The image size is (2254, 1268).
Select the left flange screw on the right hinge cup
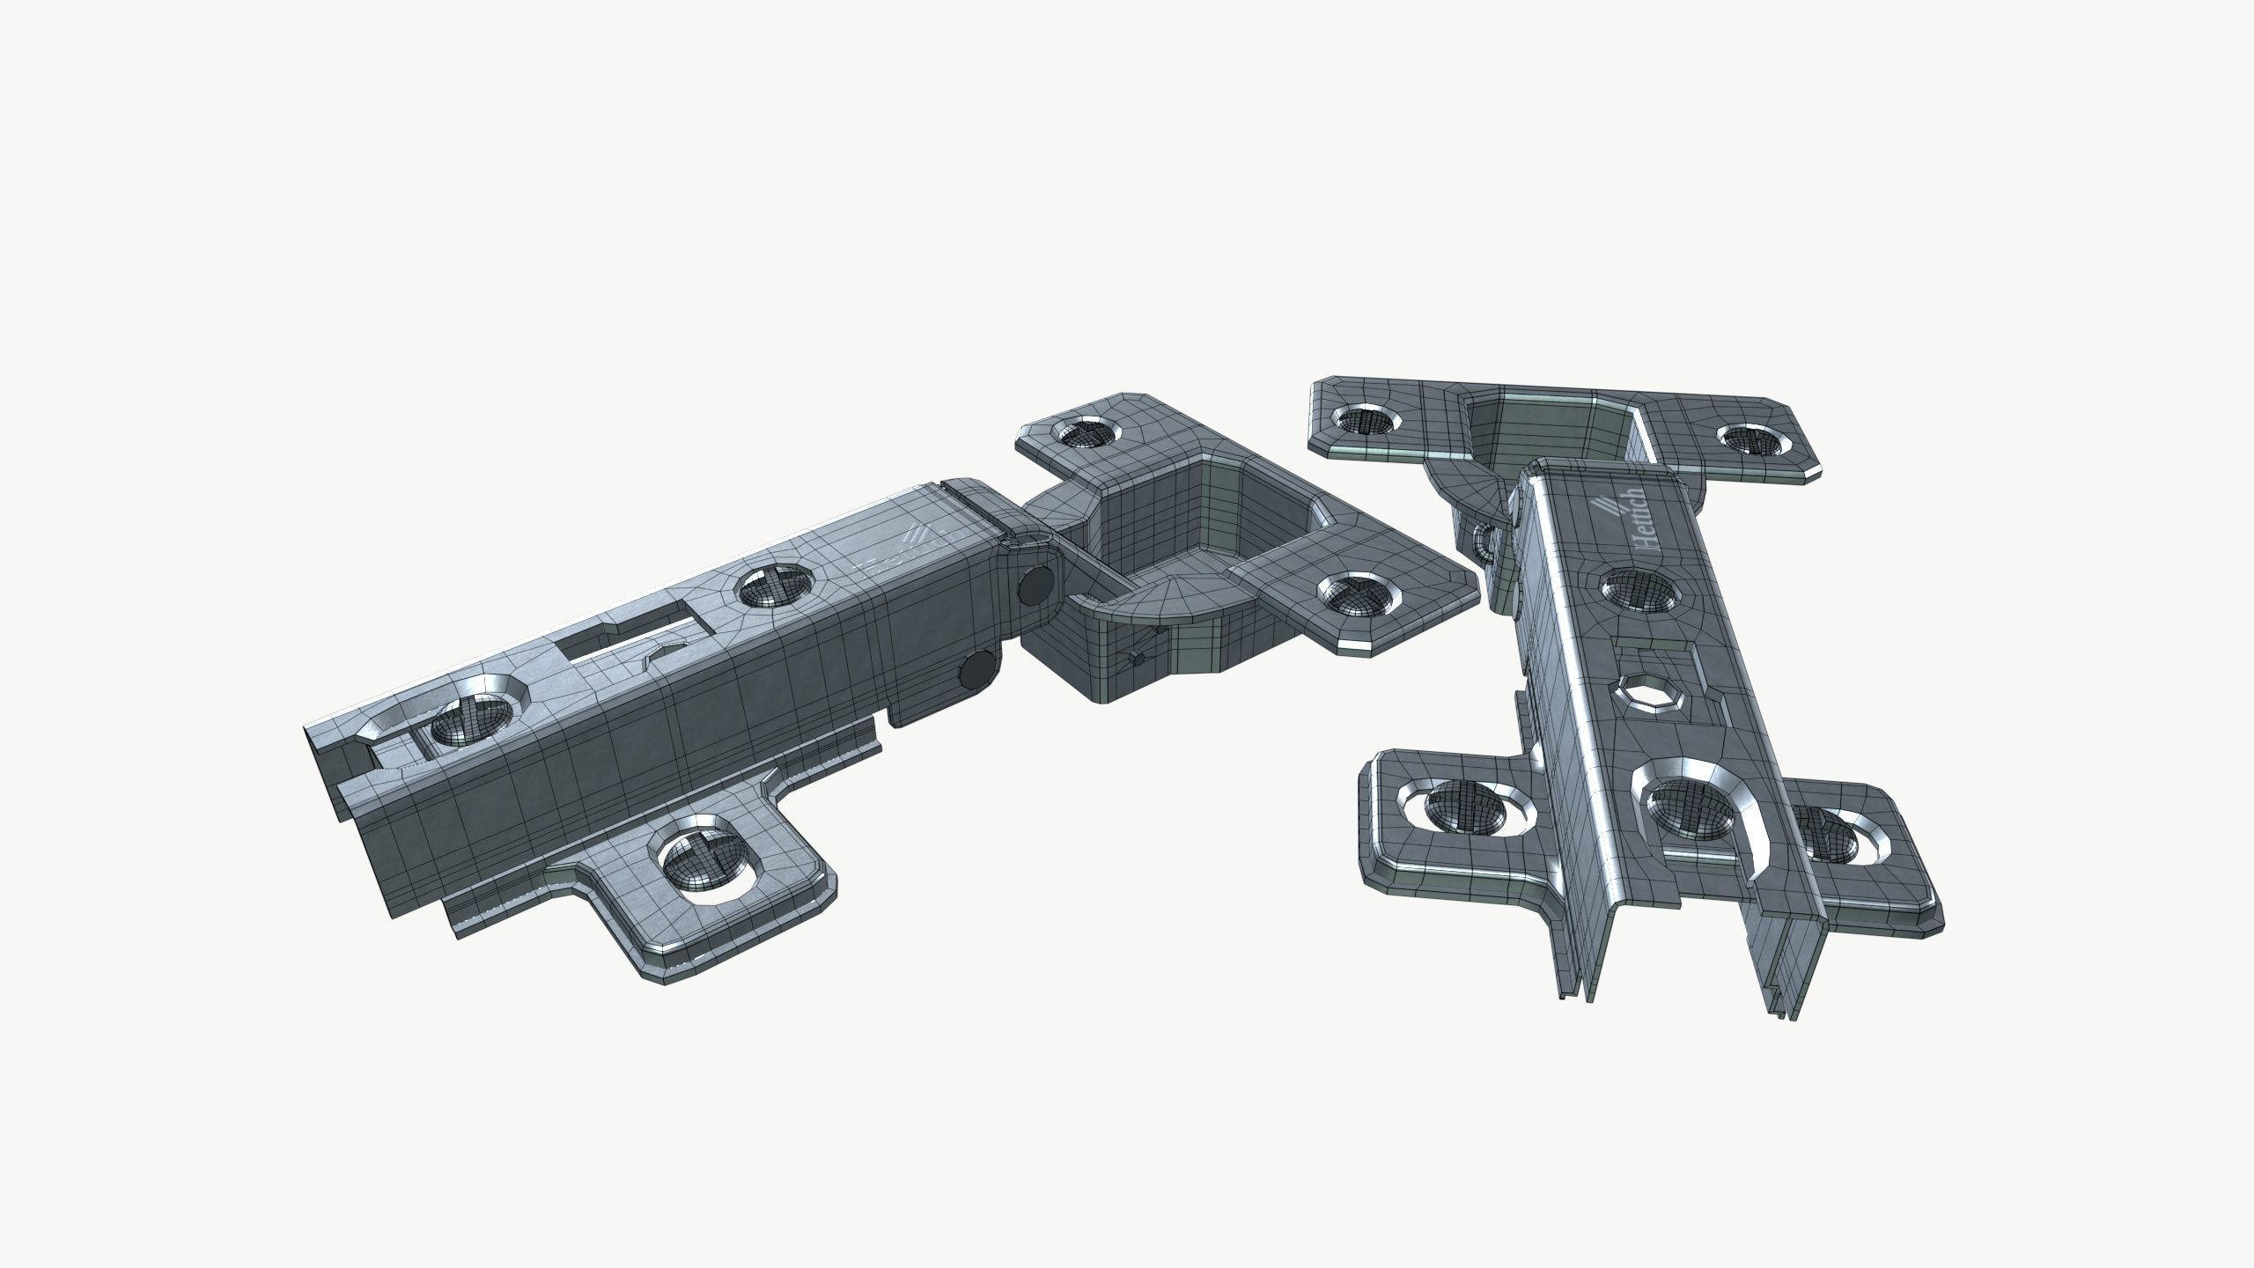click(1366, 421)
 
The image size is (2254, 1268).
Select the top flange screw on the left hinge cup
click(1083, 432)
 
